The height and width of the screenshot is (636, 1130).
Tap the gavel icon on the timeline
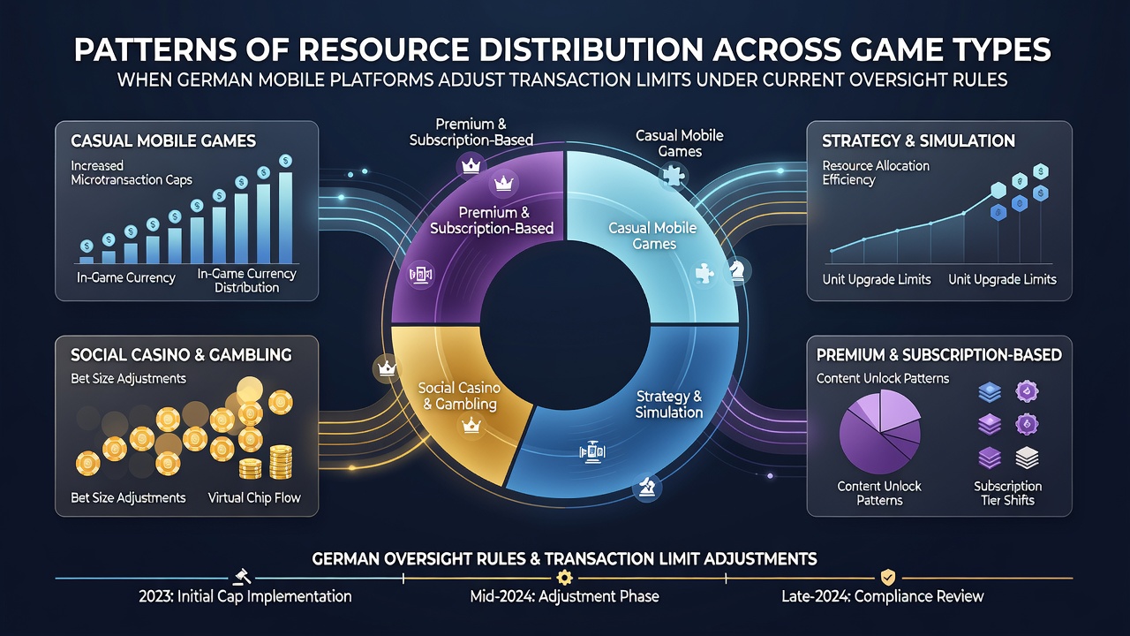tap(242, 577)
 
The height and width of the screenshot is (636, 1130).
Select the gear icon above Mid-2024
tap(564, 577)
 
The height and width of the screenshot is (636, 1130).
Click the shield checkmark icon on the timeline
tap(887, 577)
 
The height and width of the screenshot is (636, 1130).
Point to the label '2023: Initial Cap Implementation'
tap(245, 596)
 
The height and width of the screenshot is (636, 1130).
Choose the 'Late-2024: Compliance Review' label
tap(883, 596)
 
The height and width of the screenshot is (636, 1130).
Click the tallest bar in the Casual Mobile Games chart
tap(285, 218)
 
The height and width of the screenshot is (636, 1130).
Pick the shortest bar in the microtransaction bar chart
tap(87, 260)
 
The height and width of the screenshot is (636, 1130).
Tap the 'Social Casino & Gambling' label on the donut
tap(459, 396)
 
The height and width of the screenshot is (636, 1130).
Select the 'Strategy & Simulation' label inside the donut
tap(669, 405)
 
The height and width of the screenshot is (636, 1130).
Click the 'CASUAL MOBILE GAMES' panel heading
tap(163, 140)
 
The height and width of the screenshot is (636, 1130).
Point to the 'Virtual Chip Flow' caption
tap(254, 497)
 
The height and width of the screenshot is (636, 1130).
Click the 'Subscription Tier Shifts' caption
tap(1007, 493)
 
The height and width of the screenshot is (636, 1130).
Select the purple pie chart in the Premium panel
tap(880, 432)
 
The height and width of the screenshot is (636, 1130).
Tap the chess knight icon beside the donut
tap(737, 270)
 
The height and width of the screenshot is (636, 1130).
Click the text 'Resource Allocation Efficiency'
tap(876, 172)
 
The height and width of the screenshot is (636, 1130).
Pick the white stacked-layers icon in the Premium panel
tap(1027, 458)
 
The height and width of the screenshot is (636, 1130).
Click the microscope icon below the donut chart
tap(647, 488)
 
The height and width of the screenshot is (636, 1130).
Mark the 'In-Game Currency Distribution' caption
tap(246, 281)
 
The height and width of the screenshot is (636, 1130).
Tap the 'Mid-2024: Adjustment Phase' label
tap(564, 596)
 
